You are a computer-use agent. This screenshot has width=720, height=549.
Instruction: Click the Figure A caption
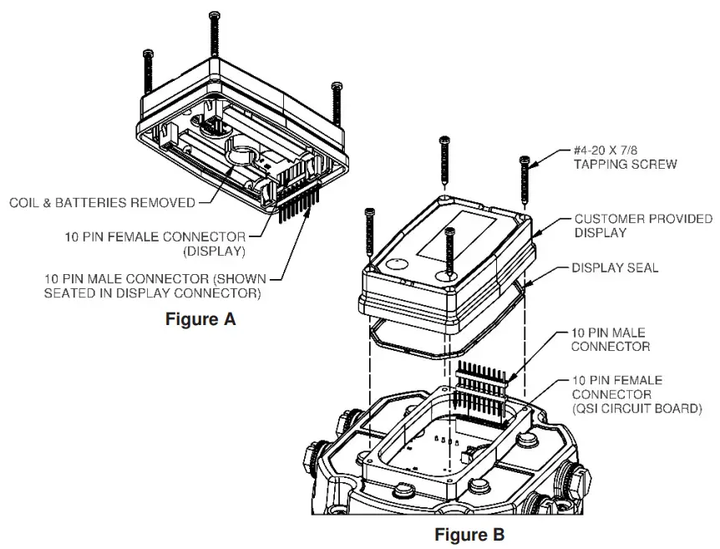coord(200,318)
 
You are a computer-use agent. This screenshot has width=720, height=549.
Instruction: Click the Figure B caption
coord(469,534)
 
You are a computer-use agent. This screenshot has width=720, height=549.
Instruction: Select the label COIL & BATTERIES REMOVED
coord(102,202)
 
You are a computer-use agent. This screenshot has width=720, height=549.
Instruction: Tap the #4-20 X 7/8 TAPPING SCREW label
coord(624,157)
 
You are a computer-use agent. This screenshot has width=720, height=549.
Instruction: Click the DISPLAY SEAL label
coord(615,268)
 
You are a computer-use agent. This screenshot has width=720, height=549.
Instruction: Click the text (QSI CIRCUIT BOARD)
coord(636,409)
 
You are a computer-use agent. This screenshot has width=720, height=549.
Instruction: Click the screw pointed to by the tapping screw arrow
coord(525,180)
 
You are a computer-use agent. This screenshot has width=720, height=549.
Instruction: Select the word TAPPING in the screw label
coord(602,164)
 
